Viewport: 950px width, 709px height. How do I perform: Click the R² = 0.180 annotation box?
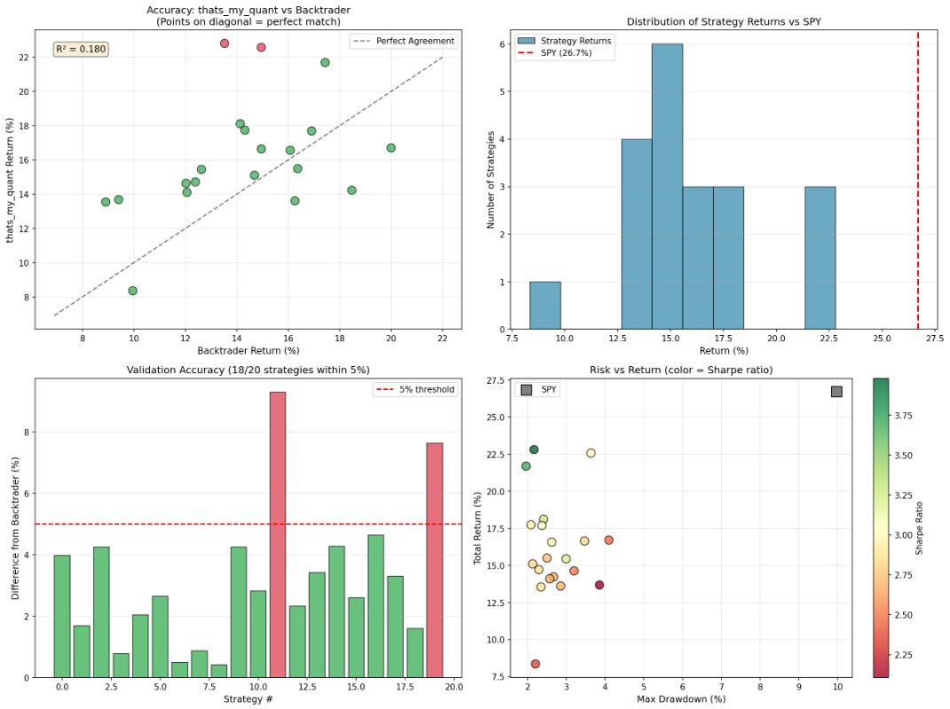coord(81,50)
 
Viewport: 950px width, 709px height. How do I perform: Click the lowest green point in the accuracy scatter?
coord(133,291)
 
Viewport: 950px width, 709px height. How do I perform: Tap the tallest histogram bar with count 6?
coord(667,186)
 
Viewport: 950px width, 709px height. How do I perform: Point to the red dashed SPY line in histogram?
coord(917,177)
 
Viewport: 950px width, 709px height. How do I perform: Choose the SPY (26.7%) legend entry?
coord(565,53)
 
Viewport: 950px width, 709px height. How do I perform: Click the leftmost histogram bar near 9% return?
coord(545,306)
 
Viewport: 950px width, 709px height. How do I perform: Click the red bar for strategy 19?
coord(435,560)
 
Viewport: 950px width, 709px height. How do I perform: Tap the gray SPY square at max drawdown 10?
coord(836,392)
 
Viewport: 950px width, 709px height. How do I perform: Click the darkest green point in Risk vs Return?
coord(534,449)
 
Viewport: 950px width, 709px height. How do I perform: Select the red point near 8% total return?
coord(535,664)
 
